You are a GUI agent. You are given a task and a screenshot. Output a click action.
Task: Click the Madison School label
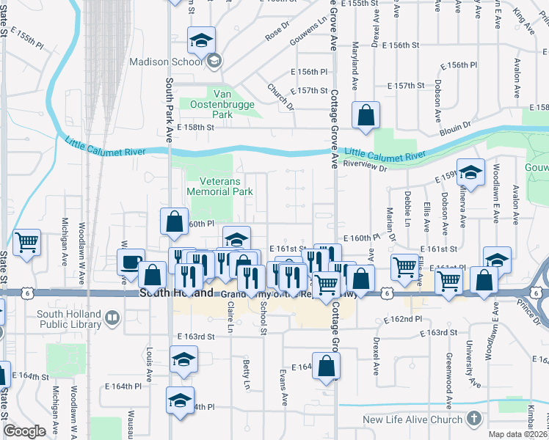tap(166, 62)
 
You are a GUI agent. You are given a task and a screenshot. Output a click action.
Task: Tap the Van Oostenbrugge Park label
tap(223, 103)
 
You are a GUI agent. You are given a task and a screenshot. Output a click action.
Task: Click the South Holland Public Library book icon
tap(112, 318)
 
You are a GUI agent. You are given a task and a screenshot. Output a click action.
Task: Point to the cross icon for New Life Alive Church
tap(474, 419)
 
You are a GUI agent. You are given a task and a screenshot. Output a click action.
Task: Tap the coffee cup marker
tap(131, 262)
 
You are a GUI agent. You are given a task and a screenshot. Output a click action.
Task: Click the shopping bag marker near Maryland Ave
tap(366, 114)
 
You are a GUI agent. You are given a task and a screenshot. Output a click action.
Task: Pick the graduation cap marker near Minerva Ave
tap(470, 172)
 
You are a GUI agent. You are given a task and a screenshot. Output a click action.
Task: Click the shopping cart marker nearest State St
tap(27, 241)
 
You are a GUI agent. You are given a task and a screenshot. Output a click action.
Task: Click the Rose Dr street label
tap(275, 32)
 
